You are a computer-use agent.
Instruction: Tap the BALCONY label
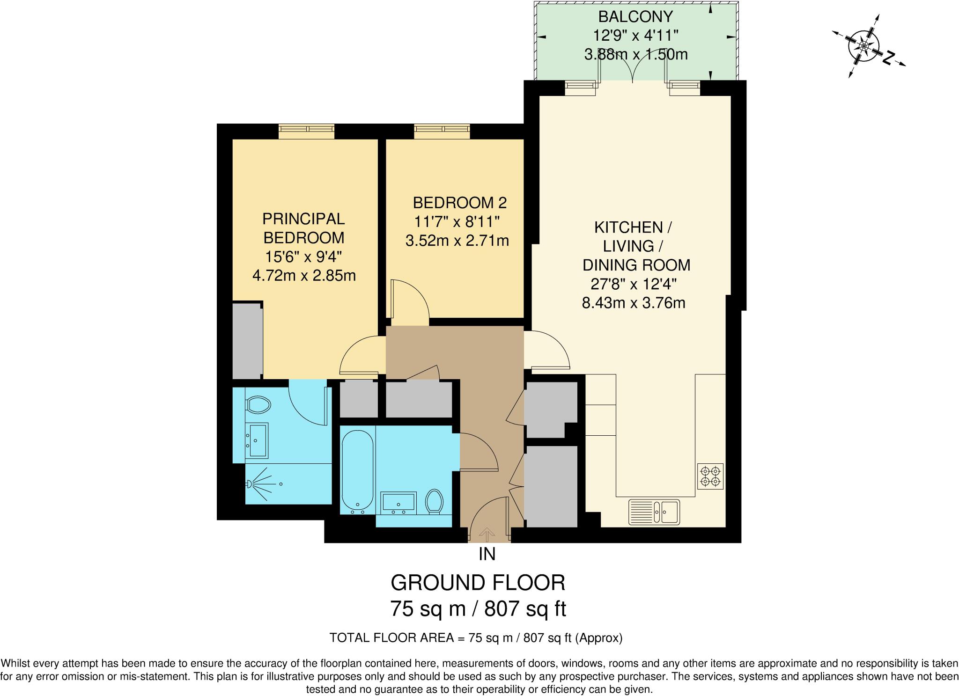tap(635, 16)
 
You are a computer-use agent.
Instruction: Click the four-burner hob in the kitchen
tap(710, 476)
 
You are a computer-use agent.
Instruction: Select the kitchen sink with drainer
tap(654, 512)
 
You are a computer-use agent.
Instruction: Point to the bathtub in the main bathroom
tap(357, 470)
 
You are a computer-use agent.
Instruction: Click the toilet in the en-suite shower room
tap(258, 404)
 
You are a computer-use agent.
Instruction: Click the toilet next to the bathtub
tap(435, 502)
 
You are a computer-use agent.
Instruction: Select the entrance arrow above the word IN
tap(487, 534)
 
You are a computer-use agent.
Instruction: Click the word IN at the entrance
tap(487, 554)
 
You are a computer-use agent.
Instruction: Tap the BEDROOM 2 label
tap(459, 203)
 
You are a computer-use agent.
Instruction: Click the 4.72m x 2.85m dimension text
tap(304, 276)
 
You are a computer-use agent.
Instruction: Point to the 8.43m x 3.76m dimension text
tap(634, 303)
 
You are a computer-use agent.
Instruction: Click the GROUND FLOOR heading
tap(478, 583)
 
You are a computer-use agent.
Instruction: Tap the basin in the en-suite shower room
tap(257, 440)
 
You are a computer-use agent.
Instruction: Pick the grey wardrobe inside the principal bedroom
tap(247, 340)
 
